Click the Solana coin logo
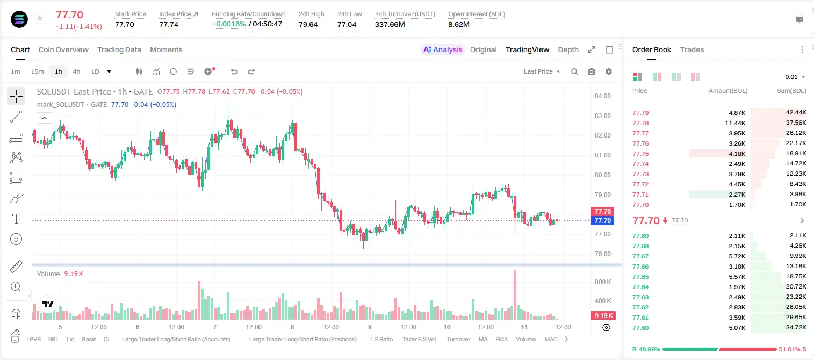pyautogui.click(x=19, y=19)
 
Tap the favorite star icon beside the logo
pyautogui.click(x=40, y=18)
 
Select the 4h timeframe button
pyautogui.click(x=76, y=71)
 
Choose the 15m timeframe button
pyautogui.click(x=38, y=71)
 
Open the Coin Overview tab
pyautogui.click(x=63, y=50)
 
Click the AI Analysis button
pyautogui.click(x=443, y=50)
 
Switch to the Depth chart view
pyautogui.click(x=568, y=50)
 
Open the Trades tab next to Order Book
pyautogui.click(x=692, y=50)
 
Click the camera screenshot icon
pyautogui.click(x=592, y=71)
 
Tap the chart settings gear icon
pyautogui.click(x=609, y=71)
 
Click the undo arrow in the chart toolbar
pyautogui.click(x=234, y=71)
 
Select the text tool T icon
pyautogui.click(x=16, y=219)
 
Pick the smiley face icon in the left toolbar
pyautogui.click(x=16, y=239)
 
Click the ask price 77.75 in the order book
pyautogui.click(x=640, y=154)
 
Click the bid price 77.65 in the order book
pyautogui.click(x=640, y=277)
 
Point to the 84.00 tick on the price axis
pyautogui.click(x=602, y=96)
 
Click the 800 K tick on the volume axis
pyautogui.click(x=603, y=282)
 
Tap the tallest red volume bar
pyautogui.click(x=515, y=294)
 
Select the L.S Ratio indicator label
pyautogui.click(x=381, y=339)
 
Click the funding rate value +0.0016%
pyautogui.click(x=229, y=24)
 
